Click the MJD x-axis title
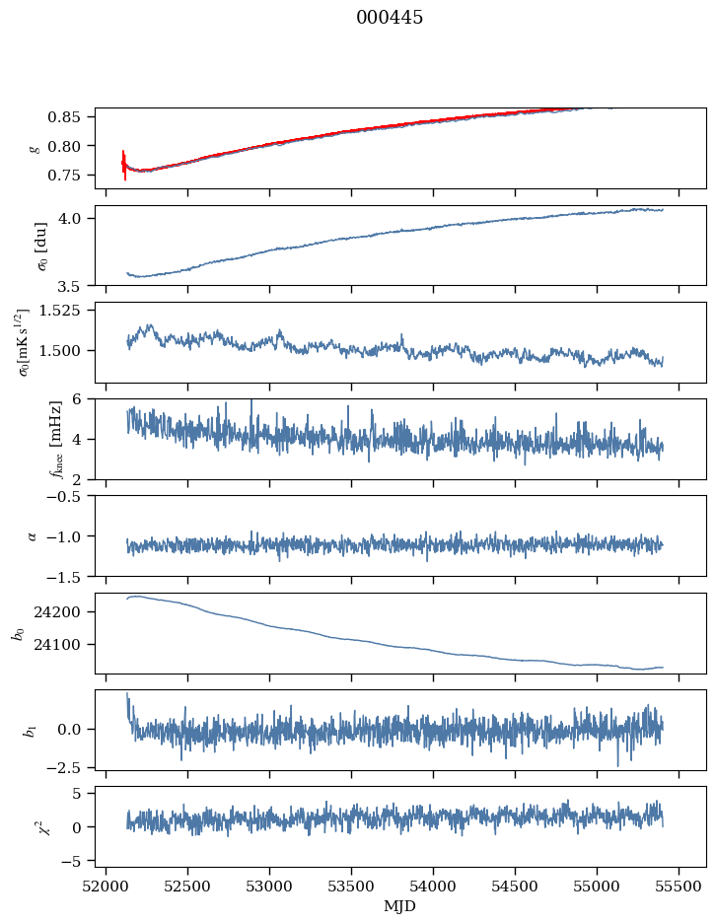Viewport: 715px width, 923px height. pyautogui.click(x=399, y=905)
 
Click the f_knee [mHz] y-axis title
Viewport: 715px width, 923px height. pyautogui.click(x=28, y=439)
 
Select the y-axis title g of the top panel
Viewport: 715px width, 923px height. pyautogui.click(x=36, y=148)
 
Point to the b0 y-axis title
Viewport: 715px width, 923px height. pyautogui.click(x=19, y=632)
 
